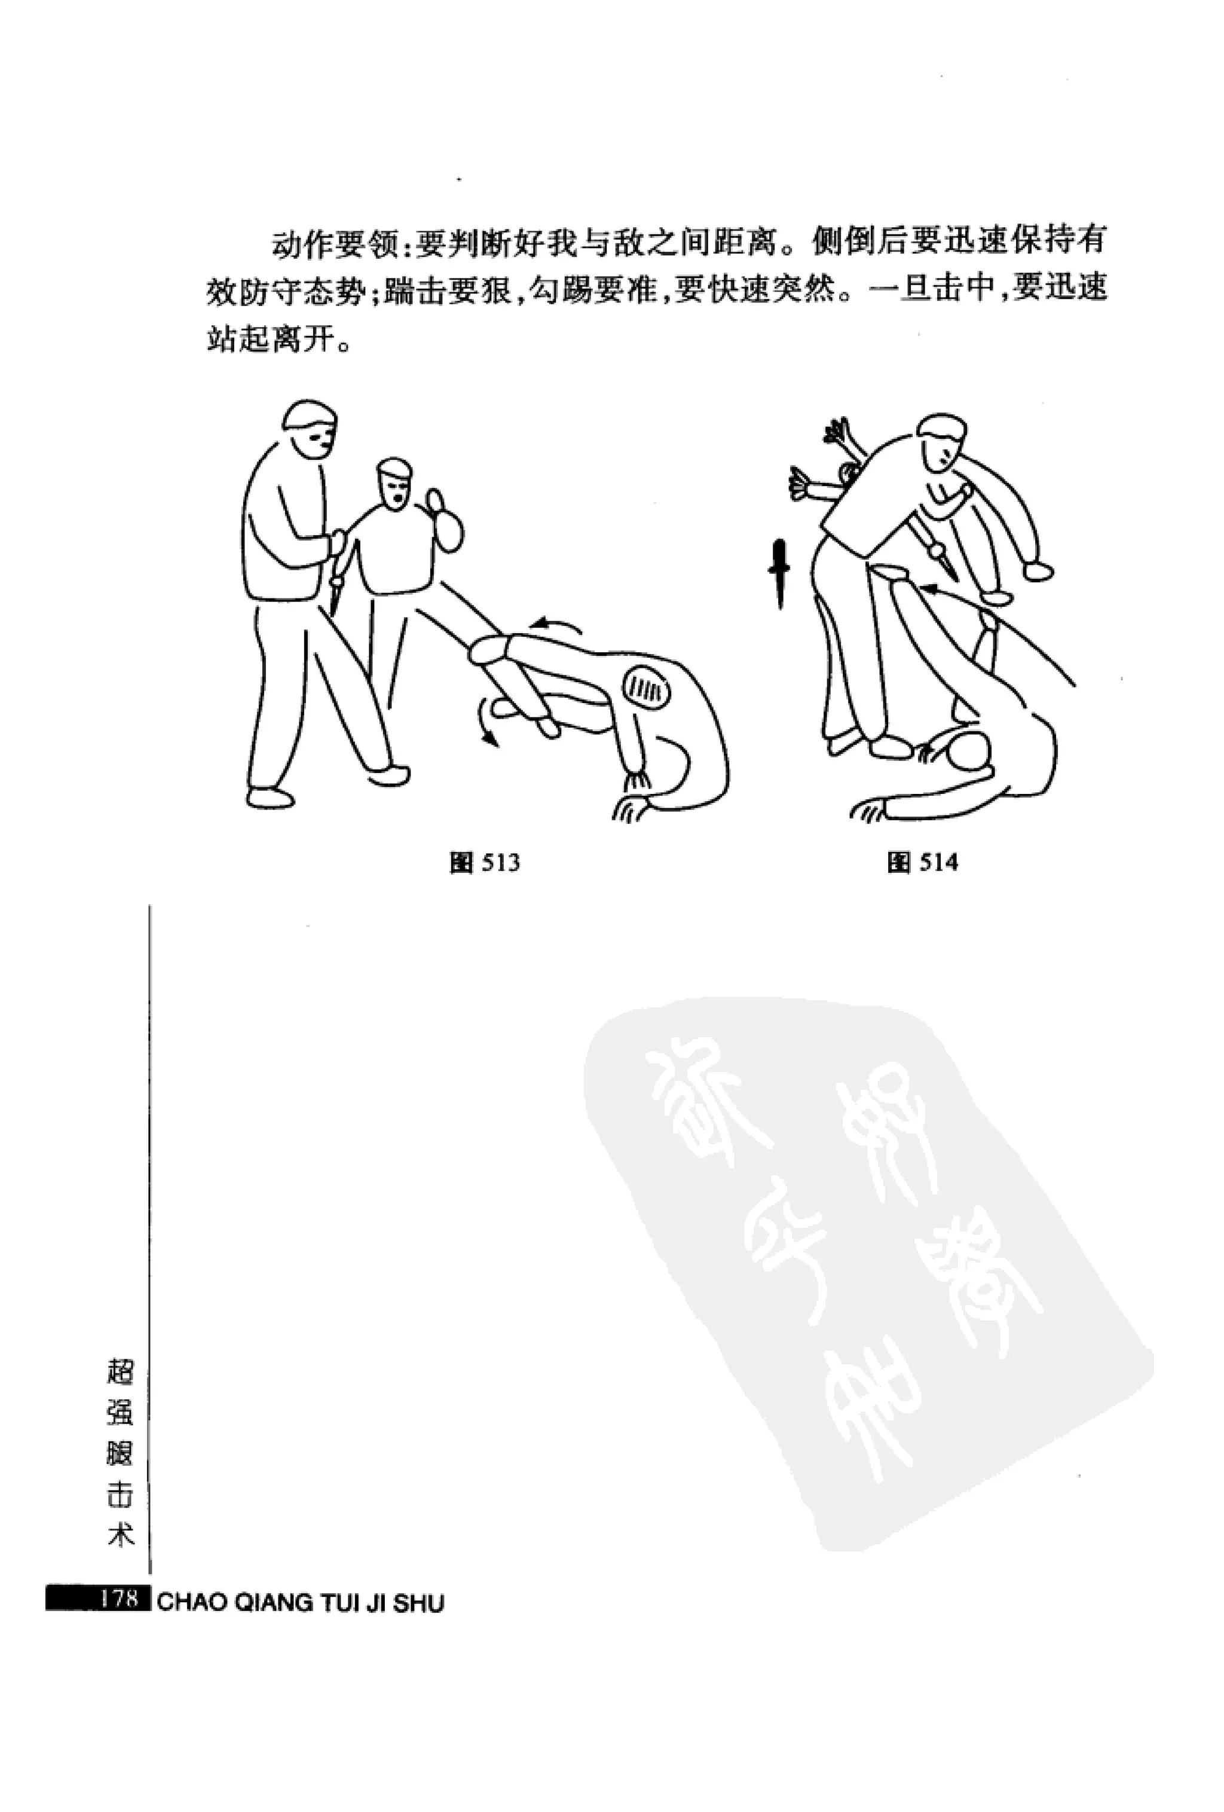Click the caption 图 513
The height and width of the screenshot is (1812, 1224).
tap(484, 862)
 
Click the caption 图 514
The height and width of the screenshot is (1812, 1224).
tap(922, 862)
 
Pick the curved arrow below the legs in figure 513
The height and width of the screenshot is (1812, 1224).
tap(487, 721)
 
